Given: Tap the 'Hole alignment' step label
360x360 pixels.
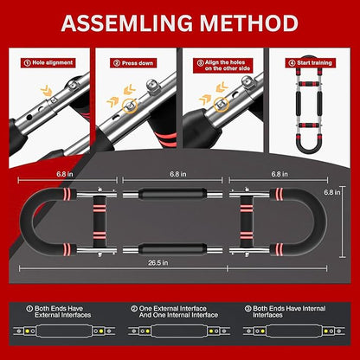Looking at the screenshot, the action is point(48,62).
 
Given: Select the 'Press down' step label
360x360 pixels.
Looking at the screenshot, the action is point(133,63).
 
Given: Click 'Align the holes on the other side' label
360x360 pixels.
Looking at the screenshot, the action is point(223,66).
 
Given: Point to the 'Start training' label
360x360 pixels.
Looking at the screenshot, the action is point(311,63).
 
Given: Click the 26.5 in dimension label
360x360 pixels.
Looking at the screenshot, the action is point(158,263).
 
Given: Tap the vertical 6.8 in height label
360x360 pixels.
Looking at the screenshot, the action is point(331,192).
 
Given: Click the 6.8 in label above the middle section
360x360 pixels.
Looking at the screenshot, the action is point(178,174).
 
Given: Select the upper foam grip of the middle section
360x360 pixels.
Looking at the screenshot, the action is point(172,194).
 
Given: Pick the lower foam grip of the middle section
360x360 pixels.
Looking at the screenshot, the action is point(172,249).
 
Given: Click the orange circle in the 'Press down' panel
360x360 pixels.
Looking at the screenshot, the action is point(130,106).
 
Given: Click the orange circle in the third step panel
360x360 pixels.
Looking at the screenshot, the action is point(221,105).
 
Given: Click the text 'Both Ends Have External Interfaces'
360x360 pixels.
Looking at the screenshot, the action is point(59,312).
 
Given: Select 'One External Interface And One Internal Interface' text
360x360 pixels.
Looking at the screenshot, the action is point(174,312).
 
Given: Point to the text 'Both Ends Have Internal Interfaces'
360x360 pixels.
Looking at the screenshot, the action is point(285,312).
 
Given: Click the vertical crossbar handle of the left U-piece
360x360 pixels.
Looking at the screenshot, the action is point(100,222).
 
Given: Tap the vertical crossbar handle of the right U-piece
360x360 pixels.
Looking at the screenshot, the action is point(247,222).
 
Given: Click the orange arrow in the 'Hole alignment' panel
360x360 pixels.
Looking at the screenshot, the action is point(46,91).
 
